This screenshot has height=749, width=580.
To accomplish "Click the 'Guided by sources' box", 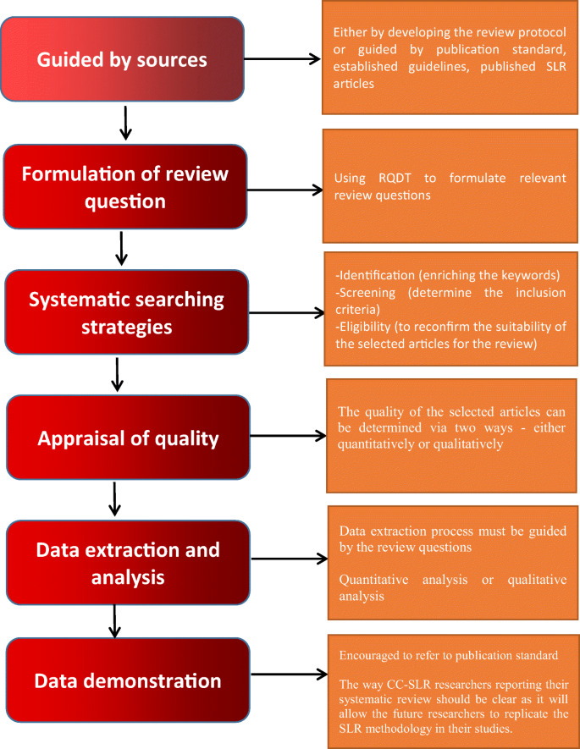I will pyautogui.click(x=124, y=60).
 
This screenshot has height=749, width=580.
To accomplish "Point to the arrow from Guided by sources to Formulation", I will pyautogui.click(x=125, y=124).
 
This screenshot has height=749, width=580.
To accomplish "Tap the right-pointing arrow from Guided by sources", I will pyautogui.click(x=284, y=59).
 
